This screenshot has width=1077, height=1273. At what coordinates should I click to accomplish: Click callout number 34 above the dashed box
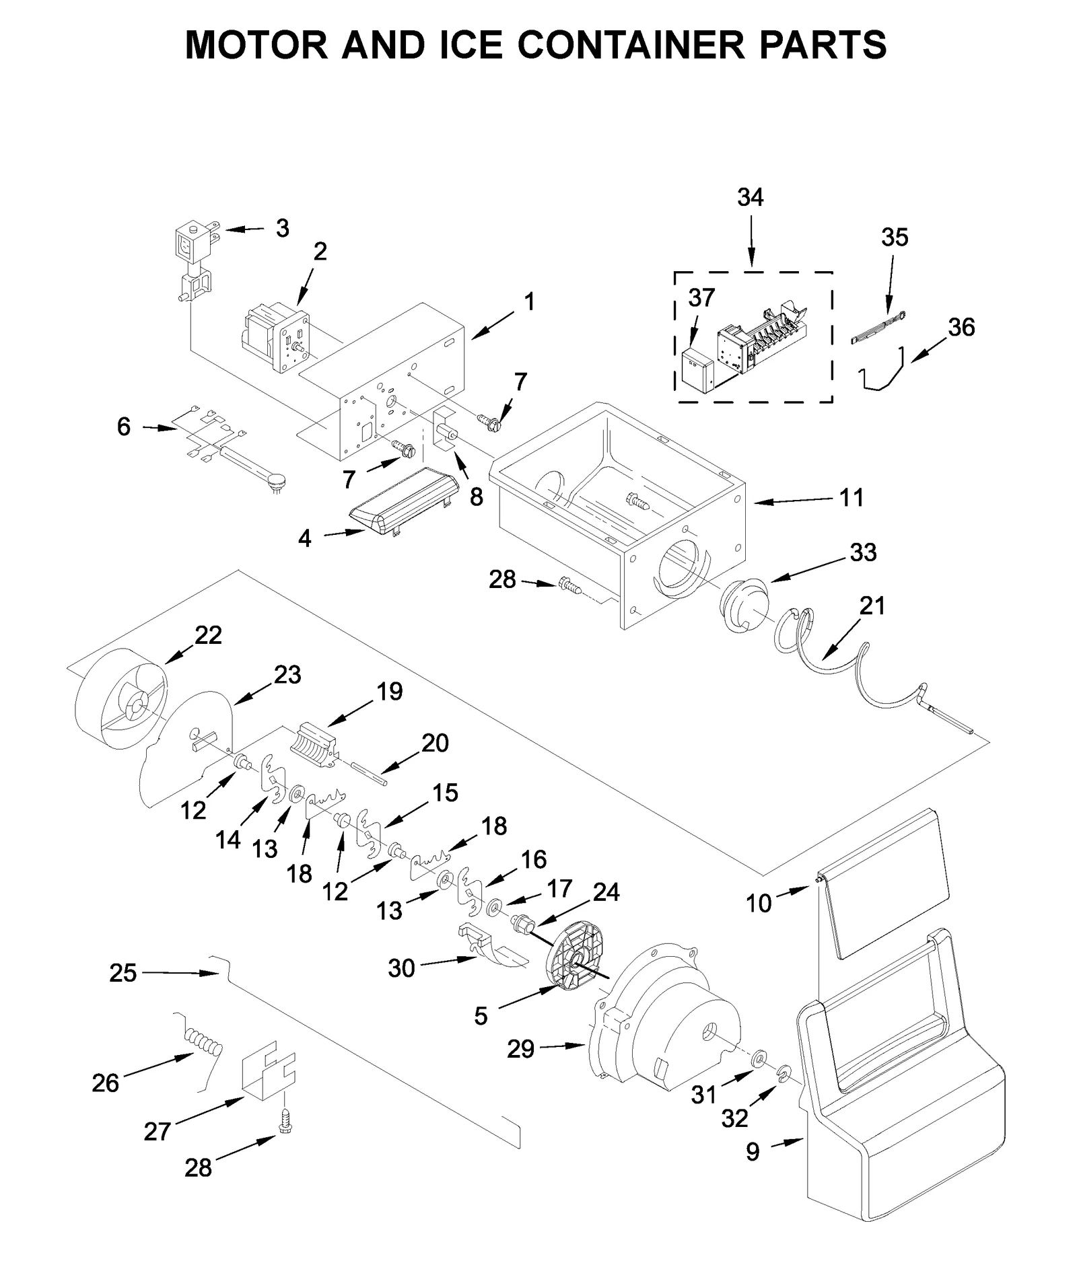click(x=750, y=197)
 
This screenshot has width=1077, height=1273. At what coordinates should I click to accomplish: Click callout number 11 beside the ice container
click(x=851, y=499)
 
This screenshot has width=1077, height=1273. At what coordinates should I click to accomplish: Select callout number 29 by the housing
click(x=520, y=1048)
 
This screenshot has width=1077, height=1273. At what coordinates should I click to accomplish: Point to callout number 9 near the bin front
click(x=753, y=1152)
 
